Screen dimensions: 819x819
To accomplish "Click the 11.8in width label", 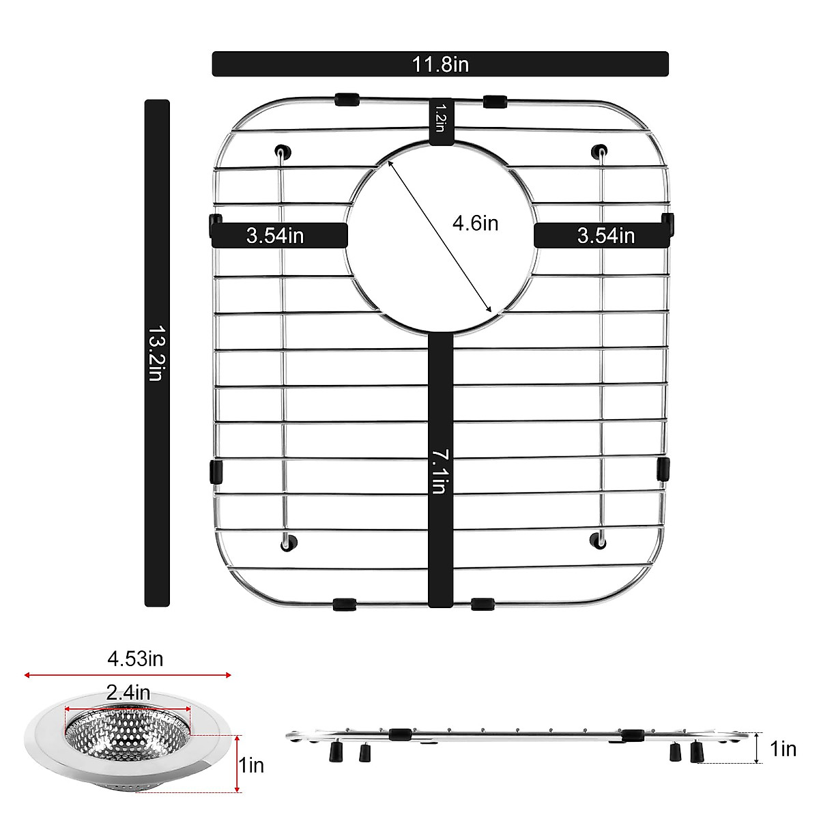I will tap(440, 64).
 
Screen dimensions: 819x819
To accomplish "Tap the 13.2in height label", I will tap(156, 353).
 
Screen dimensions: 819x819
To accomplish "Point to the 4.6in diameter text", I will tap(476, 222).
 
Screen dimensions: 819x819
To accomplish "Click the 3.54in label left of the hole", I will tap(276, 235).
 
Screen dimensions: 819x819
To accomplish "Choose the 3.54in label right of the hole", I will tap(605, 235).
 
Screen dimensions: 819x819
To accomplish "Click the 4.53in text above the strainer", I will tap(135, 659).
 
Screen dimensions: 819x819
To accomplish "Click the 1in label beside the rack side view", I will tap(782, 749).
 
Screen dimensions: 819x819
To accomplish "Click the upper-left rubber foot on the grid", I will tap(281, 151).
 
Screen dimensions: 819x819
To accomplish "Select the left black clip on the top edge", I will tap(347, 100).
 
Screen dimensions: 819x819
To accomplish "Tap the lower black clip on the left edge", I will tap(216, 470).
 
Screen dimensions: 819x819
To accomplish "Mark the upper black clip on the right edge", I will tap(667, 223).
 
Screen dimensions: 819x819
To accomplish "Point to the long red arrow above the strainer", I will tap(128, 675).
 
